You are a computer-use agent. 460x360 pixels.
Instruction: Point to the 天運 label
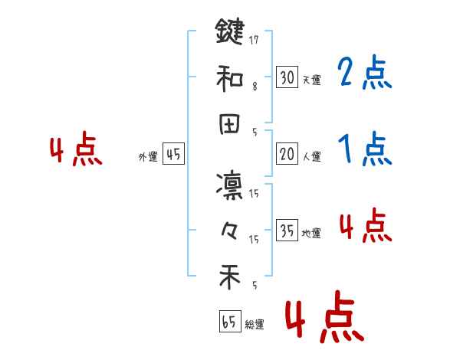311,80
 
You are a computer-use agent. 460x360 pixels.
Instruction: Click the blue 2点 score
364,74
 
